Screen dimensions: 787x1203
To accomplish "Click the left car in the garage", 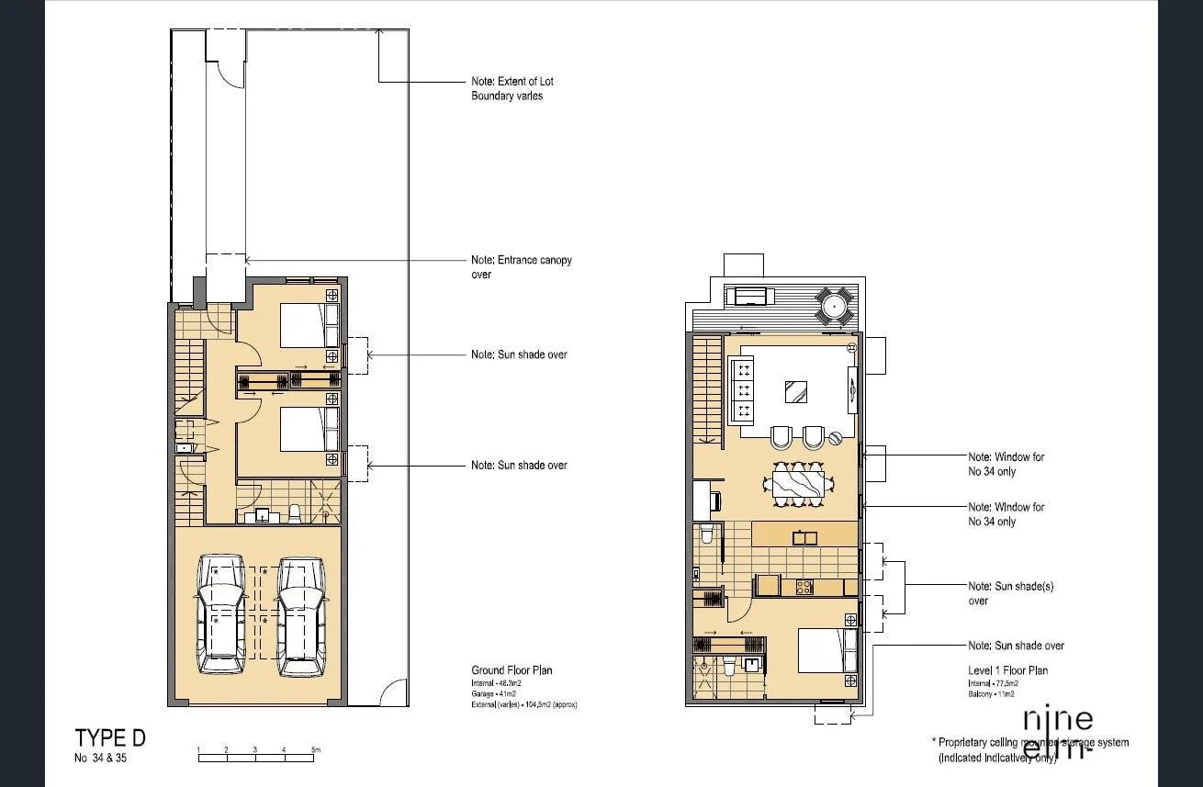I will (220, 614).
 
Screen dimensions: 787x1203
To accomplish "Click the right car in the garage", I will (302, 615).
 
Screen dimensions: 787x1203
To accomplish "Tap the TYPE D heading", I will (110, 738).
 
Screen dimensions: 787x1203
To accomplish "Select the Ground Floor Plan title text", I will (512, 670).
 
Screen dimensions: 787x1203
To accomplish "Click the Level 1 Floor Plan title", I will (1007, 670).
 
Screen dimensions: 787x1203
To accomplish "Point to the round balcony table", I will (835, 304).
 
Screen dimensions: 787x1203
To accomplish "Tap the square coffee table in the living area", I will (796, 392).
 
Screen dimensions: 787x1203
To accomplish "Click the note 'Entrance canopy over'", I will (521, 267).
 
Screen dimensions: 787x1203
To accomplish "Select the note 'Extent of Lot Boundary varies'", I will (512, 88).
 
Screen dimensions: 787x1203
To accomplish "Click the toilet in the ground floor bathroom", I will (295, 513).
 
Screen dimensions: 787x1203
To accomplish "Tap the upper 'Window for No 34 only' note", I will (1006, 464).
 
